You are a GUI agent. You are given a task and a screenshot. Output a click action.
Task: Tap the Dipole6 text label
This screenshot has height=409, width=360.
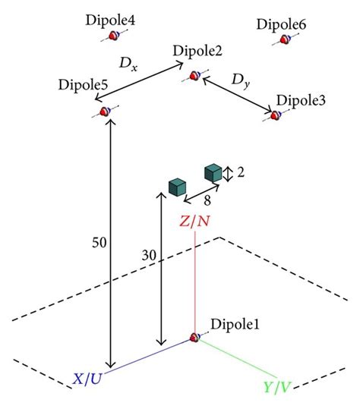click(x=282, y=25)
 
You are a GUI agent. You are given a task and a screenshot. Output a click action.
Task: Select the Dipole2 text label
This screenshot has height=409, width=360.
click(x=197, y=51)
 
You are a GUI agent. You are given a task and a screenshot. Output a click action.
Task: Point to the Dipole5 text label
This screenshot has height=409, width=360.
click(x=83, y=83)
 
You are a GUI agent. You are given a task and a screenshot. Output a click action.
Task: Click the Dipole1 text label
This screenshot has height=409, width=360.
click(x=236, y=325)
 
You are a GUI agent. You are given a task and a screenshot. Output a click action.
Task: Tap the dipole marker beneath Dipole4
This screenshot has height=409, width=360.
click(x=115, y=35)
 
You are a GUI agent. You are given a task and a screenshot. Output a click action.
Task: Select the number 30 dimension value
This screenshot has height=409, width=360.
click(x=150, y=256)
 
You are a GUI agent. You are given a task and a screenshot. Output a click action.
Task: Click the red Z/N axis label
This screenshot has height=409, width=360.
click(x=196, y=222)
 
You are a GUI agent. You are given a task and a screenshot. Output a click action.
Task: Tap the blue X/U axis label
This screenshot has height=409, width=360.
click(x=88, y=379)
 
